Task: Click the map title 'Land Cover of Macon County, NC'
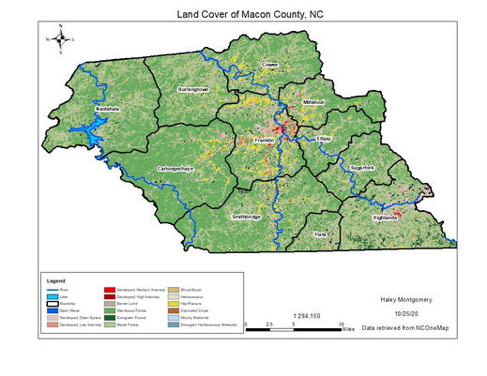(x=243, y=16)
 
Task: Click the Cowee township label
(x=270, y=65)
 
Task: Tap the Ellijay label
(x=325, y=138)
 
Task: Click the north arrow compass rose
(x=61, y=39)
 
